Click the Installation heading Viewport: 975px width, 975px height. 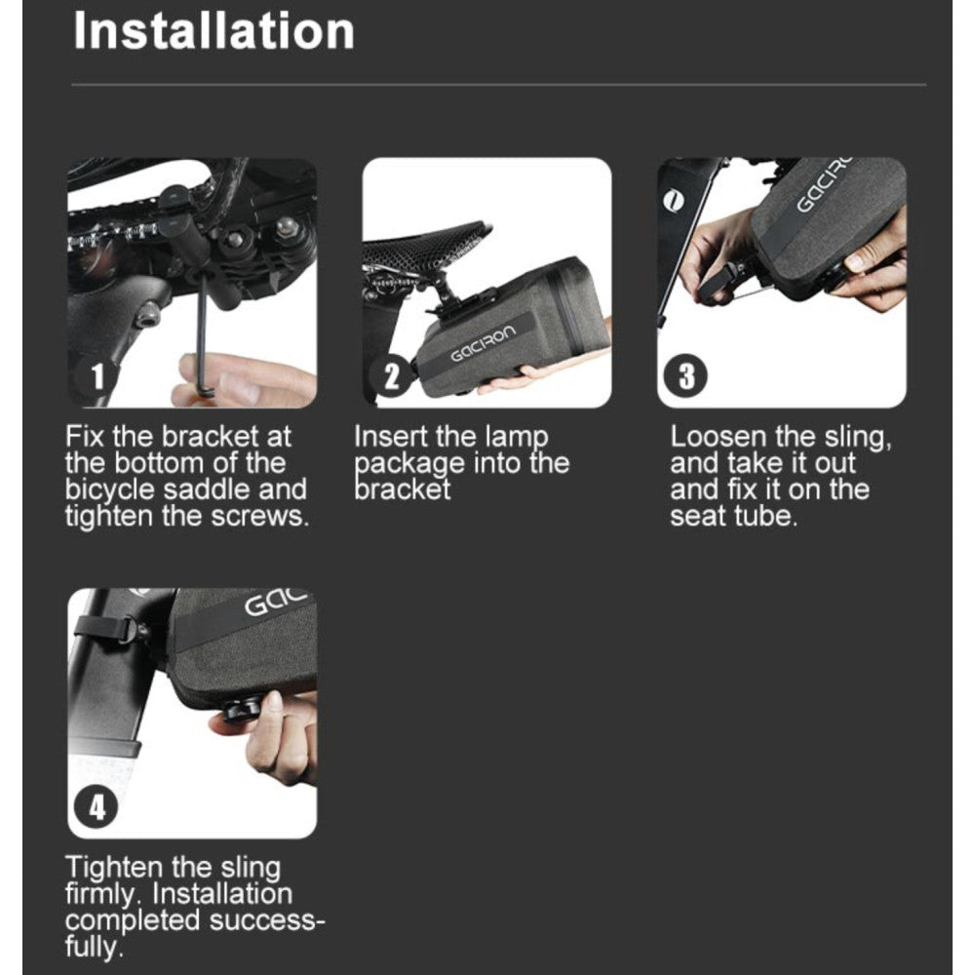click(x=214, y=30)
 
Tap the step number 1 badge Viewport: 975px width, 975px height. click(x=97, y=376)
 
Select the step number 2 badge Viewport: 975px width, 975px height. click(x=391, y=376)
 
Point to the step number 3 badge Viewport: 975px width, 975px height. click(x=685, y=376)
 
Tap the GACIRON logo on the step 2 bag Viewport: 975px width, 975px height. click(x=484, y=342)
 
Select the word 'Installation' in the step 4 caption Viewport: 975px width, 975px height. click(x=222, y=894)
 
